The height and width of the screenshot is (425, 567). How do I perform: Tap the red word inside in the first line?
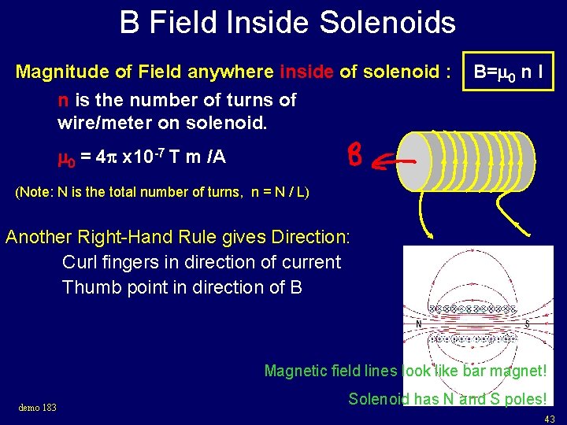pos(307,73)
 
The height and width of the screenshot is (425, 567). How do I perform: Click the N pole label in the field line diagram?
pos(418,323)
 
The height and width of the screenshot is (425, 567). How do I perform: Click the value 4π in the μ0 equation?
pos(104,157)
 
